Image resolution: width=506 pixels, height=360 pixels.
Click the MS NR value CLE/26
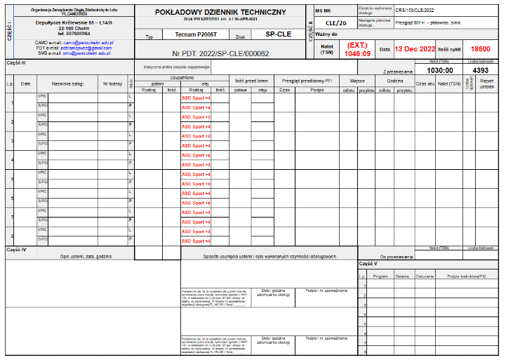click(x=336, y=22)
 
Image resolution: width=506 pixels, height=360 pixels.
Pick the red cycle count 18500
click(x=481, y=49)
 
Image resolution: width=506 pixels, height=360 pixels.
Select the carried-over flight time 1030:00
click(x=439, y=70)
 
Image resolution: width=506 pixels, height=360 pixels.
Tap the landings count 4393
click(x=481, y=70)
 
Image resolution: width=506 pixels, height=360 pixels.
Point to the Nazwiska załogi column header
click(x=67, y=84)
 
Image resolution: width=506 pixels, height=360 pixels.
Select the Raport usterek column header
click(x=486, y=84)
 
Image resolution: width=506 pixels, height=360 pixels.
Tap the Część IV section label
click(x=16, y=249)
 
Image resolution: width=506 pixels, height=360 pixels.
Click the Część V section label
click(x=368, y=264)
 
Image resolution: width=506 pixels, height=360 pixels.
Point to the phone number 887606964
click(x=65, y=33)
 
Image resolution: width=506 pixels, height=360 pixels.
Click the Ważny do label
click(x=328, y=34)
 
